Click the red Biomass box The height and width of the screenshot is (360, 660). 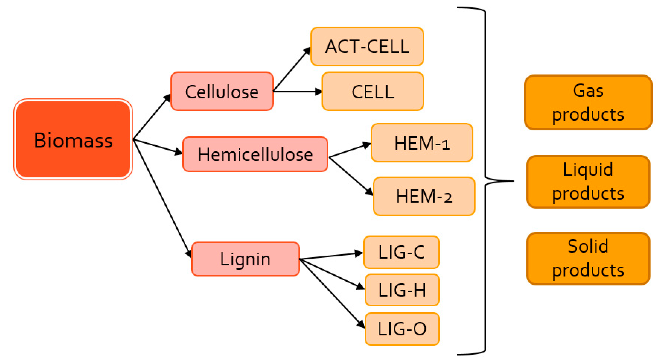click(x=73, y=140)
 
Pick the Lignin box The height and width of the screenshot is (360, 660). click(x=245, y=259)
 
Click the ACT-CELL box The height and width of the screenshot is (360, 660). click(x=367, y=47)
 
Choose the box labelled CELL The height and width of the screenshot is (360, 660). click(x=373, y=92)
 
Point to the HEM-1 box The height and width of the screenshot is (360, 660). click(x=422, y=143)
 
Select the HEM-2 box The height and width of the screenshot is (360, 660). click(x=424, y=197)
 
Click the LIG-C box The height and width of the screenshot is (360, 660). click(x=401, y=252)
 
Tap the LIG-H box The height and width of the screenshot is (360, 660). click(x=402, y=290)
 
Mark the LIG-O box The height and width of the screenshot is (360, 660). click(x=402, y=329)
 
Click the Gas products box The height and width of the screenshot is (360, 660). click(x=588, y=102)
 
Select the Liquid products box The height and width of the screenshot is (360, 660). click(x=588, y=182)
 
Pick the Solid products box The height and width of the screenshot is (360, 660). click(x=588, y=259)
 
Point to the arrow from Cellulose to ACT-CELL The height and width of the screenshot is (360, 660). click(x=292, y=69)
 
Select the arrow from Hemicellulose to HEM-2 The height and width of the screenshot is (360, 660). click(x=351, y=176)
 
